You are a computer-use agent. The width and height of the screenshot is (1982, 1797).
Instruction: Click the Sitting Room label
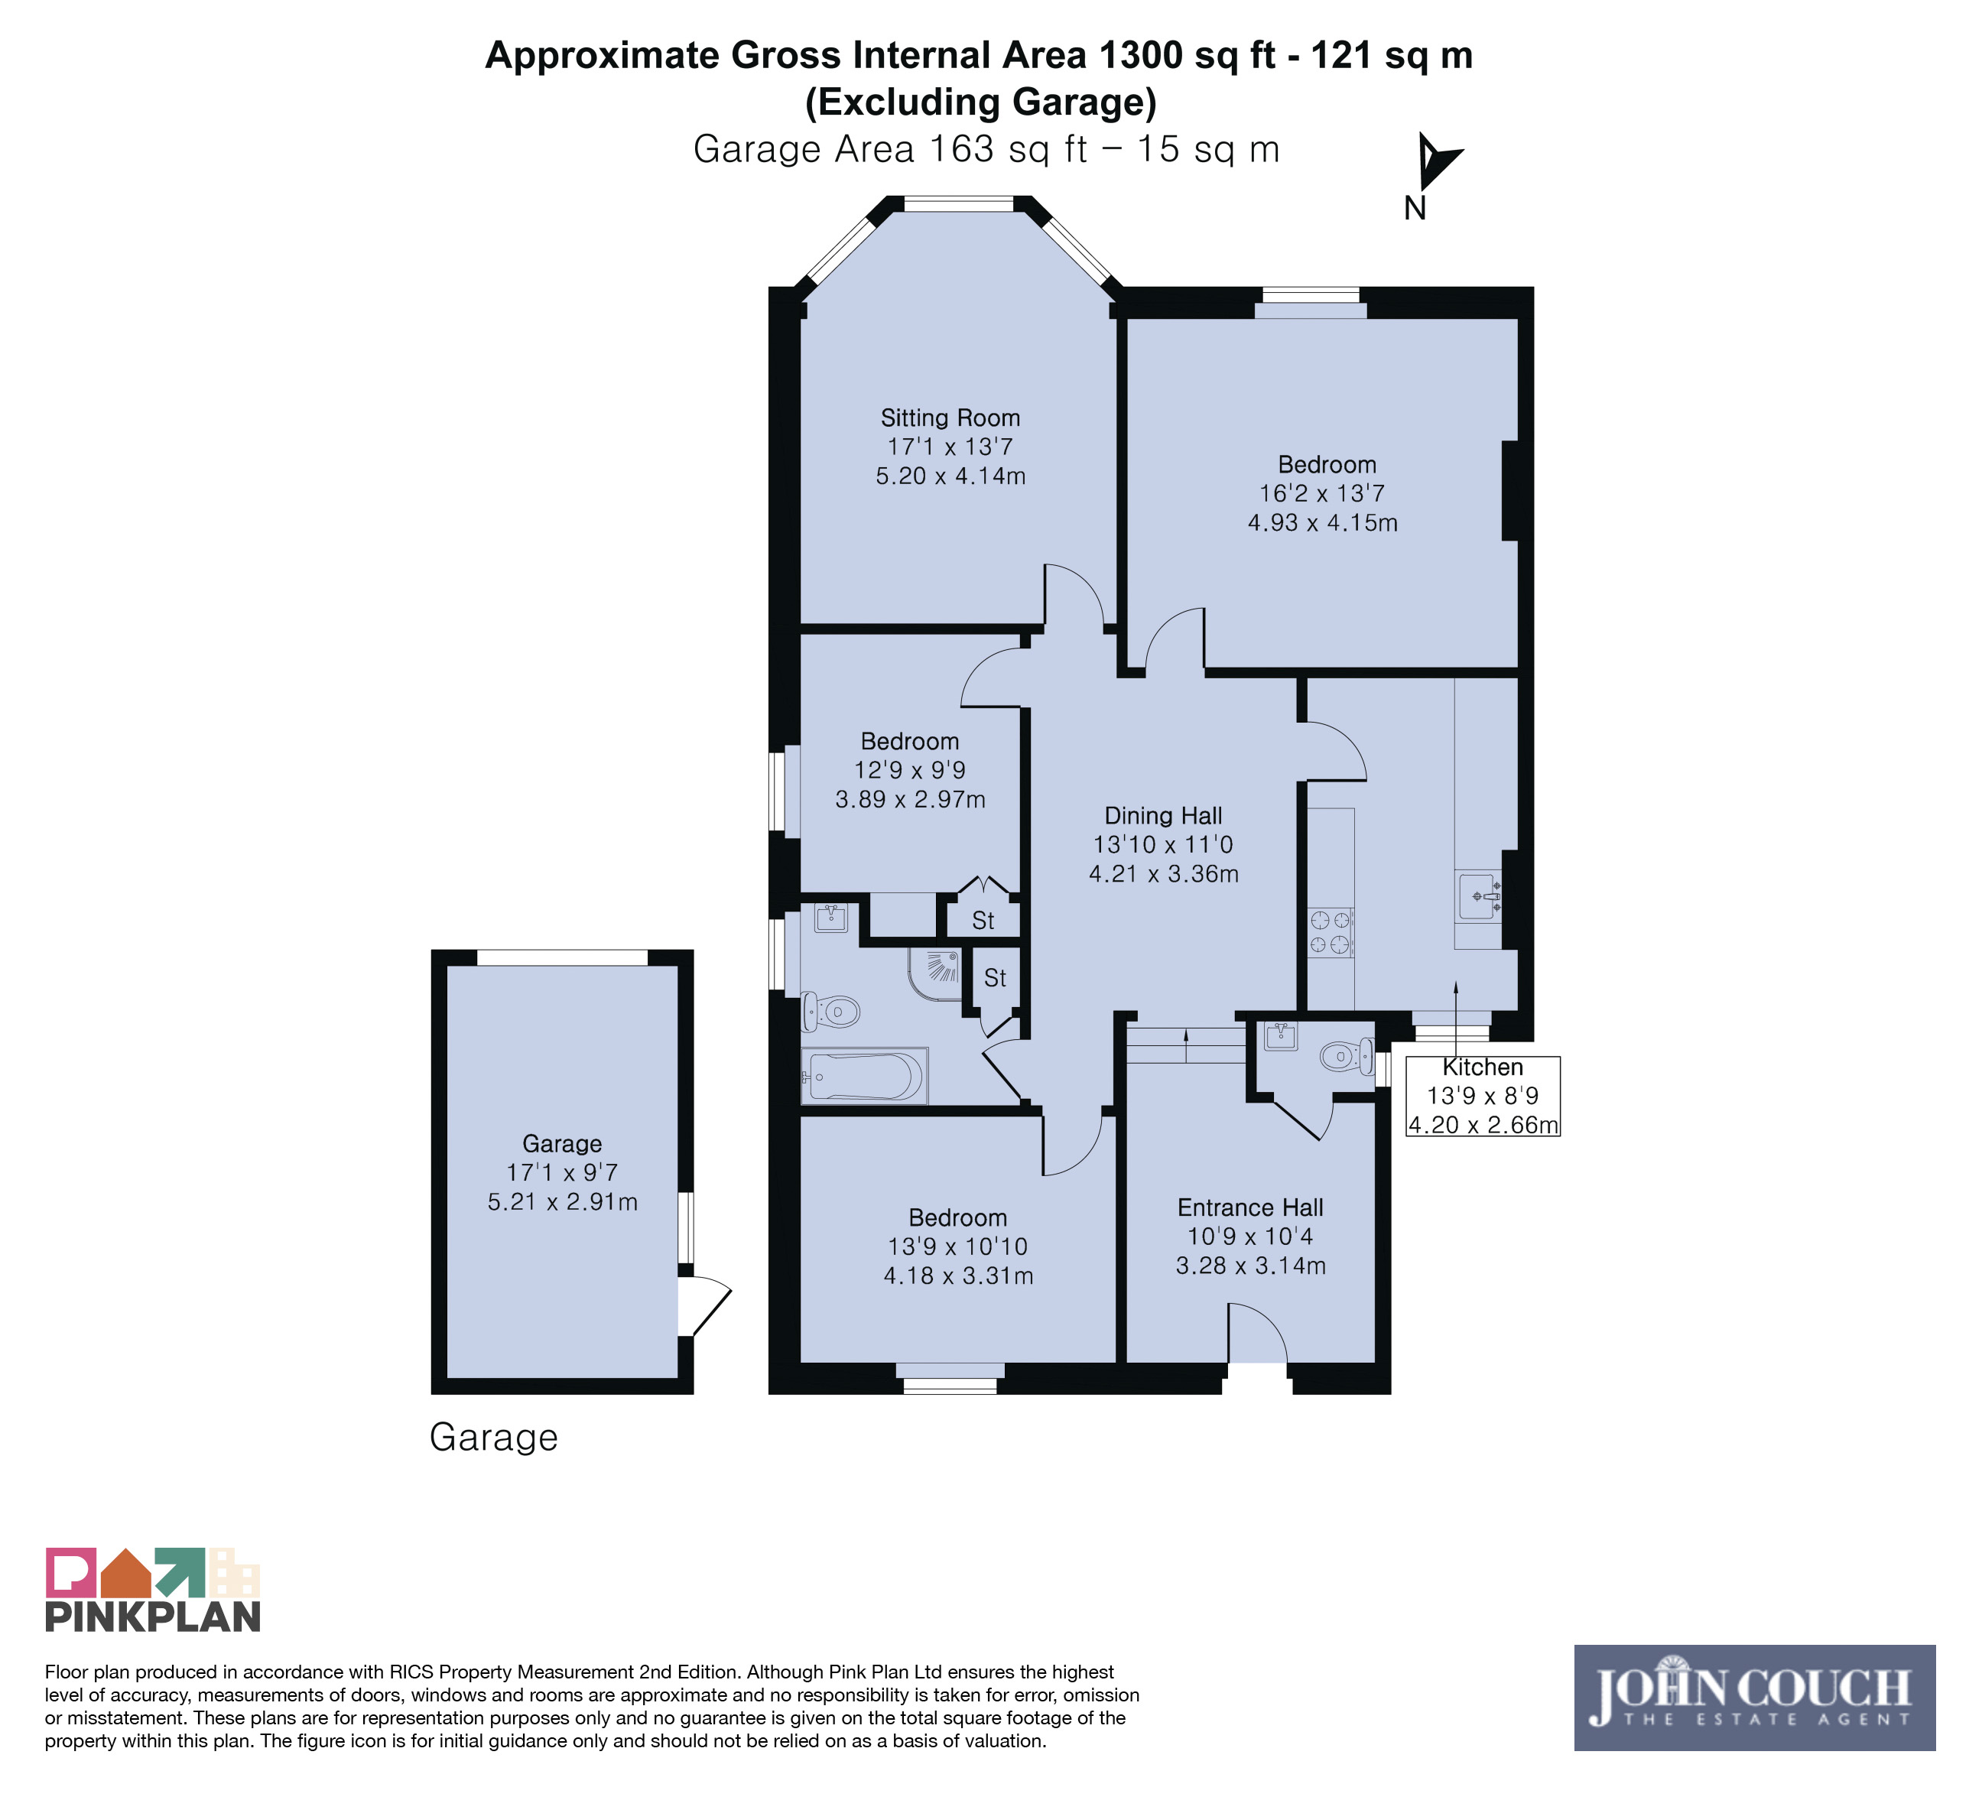950,418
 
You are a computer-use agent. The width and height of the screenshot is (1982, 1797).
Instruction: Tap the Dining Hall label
1163,815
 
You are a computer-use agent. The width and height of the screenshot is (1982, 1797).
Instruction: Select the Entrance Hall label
1250,1207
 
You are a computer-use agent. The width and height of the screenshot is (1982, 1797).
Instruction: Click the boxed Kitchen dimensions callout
1483,1095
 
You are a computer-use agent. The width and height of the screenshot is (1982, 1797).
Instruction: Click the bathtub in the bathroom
864,1075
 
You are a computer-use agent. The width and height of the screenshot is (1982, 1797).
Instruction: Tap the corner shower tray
935,973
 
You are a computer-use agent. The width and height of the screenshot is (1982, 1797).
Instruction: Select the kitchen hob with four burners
1331,932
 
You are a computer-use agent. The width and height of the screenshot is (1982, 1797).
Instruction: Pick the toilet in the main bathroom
832,1011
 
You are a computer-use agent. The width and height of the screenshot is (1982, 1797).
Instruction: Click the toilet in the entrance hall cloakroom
1346,1056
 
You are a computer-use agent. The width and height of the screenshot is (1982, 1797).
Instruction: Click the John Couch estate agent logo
1754,1698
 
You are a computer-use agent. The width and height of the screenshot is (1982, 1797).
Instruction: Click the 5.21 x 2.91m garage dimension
562,1201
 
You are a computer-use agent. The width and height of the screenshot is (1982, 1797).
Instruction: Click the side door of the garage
705,1307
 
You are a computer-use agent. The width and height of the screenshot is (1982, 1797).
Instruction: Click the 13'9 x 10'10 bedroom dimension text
957,1246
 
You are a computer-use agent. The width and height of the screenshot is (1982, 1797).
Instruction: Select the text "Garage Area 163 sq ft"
890,149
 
